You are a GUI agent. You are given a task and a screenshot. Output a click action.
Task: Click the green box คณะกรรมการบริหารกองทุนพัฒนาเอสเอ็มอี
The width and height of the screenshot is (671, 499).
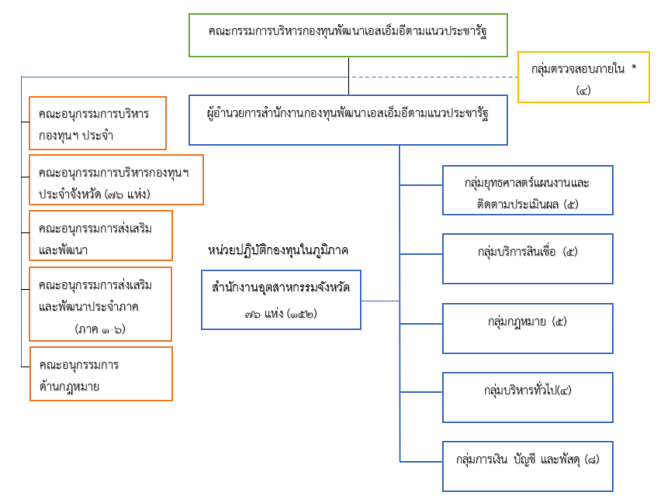[x=348, y=35]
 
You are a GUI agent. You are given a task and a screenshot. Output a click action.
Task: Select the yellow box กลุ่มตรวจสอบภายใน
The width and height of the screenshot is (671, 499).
[x=583, y=77]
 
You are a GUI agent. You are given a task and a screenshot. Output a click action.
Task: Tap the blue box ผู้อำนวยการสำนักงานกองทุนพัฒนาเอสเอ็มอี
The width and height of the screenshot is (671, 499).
[x=348, y=119]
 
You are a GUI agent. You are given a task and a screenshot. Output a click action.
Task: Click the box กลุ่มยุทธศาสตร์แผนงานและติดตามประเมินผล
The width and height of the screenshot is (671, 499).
[x=527, y=190]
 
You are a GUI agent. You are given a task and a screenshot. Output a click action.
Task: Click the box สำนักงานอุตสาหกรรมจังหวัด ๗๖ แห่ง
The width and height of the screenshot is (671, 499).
[x=281, y=299]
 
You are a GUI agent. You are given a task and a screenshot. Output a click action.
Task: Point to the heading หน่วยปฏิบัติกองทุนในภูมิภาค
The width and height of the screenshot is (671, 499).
[x=278, y=251]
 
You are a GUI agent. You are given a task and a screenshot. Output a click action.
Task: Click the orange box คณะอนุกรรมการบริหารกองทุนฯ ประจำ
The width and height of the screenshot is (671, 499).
[x=98, y=123]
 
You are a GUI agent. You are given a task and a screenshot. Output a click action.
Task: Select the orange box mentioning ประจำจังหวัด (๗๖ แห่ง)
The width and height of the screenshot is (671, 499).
[x=116, y=180]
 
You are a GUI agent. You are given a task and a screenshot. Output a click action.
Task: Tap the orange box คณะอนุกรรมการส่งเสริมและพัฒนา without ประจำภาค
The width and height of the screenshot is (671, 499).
[x=100, y=236]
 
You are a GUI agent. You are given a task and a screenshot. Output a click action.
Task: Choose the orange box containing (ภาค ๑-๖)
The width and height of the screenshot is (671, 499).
[x=100, y=304]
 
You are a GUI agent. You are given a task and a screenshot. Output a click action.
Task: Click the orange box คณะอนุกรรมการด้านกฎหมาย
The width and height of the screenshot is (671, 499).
[x=101, y=374]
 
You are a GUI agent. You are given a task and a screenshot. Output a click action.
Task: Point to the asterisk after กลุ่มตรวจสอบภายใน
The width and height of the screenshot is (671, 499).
[x=634, y=68]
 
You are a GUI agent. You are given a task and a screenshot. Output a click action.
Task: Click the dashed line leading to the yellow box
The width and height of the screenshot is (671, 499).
[x=434, y=77]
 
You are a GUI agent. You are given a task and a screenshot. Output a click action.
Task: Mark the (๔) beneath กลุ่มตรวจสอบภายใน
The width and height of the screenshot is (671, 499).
[x=583, y=90]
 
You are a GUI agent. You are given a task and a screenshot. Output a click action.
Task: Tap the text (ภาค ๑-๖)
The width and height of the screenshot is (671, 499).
[x=101, y=329]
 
